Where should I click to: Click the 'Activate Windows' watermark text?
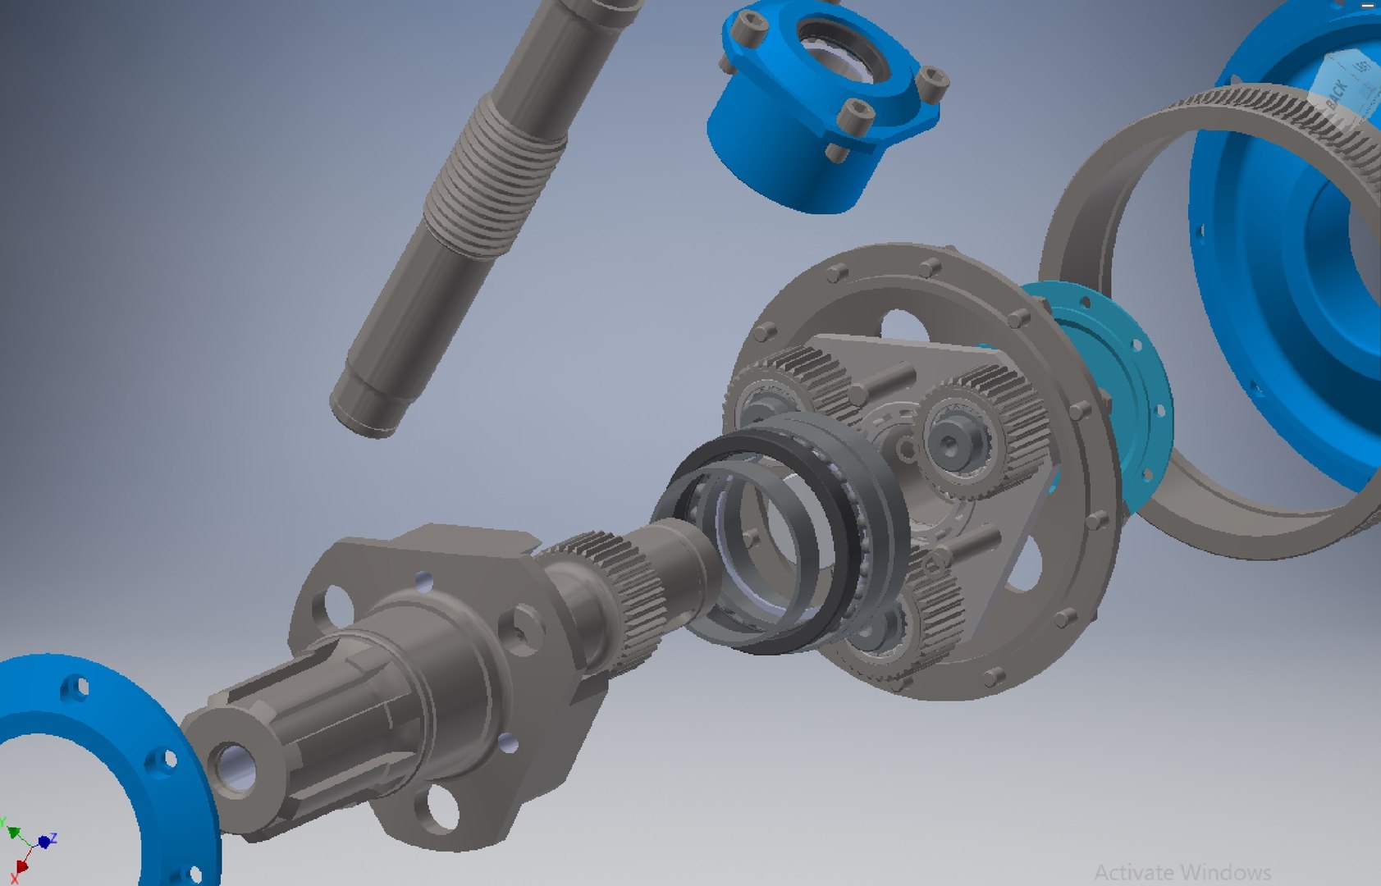coord(1182,871)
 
